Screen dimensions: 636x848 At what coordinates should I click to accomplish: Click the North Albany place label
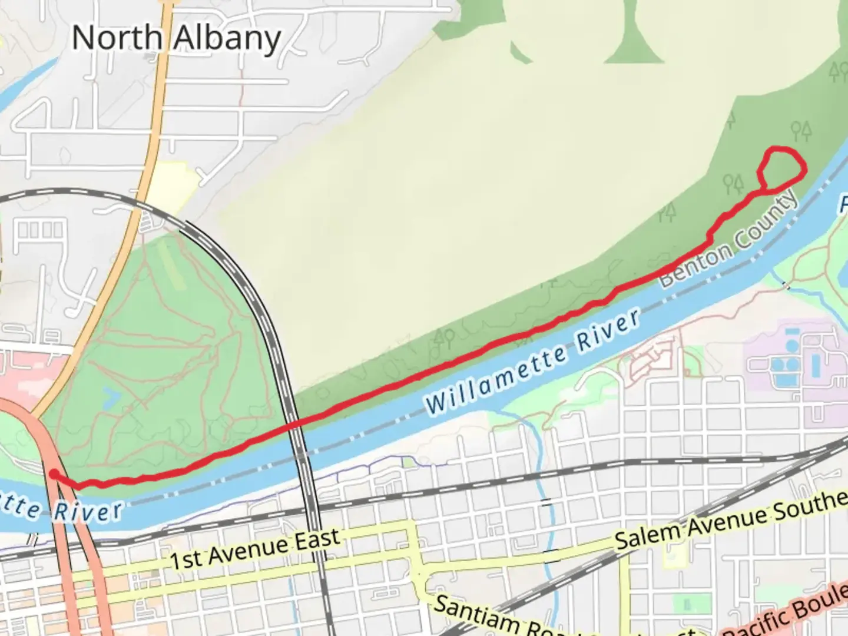[x=176, y=39]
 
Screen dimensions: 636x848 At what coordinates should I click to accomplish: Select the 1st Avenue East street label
[x=254, y=549]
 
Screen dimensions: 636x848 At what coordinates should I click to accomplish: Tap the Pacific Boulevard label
[x=789, y=612]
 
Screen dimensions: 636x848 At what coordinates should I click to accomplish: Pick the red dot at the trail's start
[x=54, y=474]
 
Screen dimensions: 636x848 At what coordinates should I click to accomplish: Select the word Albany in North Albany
[x=227, y=39]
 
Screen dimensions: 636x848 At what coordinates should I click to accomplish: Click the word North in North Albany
[x=117, y=38]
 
